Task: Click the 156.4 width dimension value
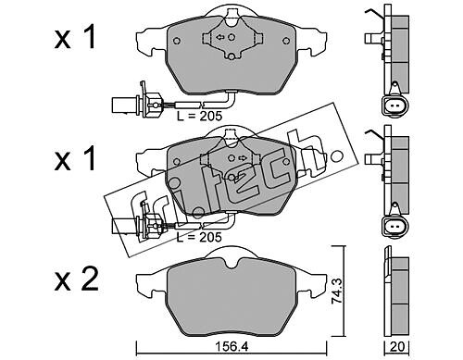(x=231, y=346)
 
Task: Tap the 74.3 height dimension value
(x=337, y=292)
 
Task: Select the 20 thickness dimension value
(x=397, y=346)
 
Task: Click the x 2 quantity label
(x=77, y=279)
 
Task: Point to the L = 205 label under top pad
(x=199, y=116)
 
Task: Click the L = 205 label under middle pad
(x=199, y=237)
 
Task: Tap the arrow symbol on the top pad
(x=220, y=37)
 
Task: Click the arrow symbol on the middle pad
(x=243, y=158)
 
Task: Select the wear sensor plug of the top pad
(x=136, y=103)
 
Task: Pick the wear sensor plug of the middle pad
(x=136, y=224)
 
